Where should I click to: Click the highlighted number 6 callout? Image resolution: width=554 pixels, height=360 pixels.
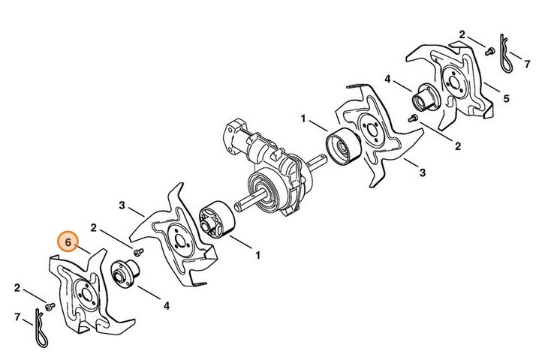tap(68, 241)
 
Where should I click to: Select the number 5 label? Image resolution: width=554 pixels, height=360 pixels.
tap(506, 98)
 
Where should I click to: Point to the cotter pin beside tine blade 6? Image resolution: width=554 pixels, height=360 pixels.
tap(41, 328)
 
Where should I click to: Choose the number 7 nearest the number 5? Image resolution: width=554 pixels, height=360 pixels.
tap(527, 64)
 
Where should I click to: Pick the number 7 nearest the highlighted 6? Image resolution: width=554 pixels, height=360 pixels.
tap(17, 317)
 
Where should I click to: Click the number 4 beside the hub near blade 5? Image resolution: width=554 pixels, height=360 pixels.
tap(387, 79)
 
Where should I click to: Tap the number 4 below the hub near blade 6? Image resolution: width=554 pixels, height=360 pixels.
tap(167, 306)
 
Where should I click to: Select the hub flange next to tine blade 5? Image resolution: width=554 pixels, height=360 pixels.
tap(425, 97)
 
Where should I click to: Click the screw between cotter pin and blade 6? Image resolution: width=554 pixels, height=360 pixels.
tap(50, 306)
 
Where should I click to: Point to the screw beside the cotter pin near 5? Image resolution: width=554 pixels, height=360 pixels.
tap(489, 52)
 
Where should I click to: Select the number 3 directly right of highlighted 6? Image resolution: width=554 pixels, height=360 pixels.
tap(122, 205)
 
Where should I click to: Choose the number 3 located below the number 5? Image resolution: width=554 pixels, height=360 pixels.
tap(423, 172)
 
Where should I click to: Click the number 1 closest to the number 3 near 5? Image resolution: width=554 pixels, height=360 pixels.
tap(303, 118)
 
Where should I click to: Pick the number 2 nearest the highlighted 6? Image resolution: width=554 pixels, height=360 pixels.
tap(93, 228)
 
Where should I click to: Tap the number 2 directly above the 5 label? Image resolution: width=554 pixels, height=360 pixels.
tap(462, 34)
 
